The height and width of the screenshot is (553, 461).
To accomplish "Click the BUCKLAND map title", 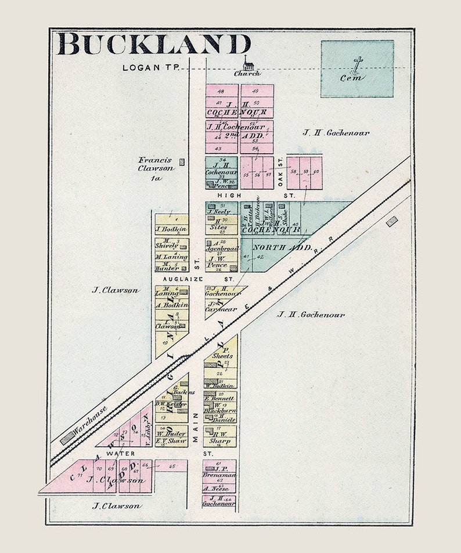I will point(153,45).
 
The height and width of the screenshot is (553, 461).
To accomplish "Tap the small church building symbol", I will point(248,63).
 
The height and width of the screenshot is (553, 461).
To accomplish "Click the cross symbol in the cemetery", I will point(358,64).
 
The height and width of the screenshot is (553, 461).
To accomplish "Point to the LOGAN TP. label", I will point(145,68).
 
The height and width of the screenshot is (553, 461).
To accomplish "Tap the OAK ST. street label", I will point(279,172).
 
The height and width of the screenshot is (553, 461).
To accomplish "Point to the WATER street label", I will point(120,453).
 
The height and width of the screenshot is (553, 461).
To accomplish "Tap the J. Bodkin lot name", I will point(172,229).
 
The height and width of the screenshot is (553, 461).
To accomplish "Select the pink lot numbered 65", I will point(172,466).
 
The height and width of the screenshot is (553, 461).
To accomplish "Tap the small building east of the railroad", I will point(392,221).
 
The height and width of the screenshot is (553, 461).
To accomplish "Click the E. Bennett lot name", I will point(220,400).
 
